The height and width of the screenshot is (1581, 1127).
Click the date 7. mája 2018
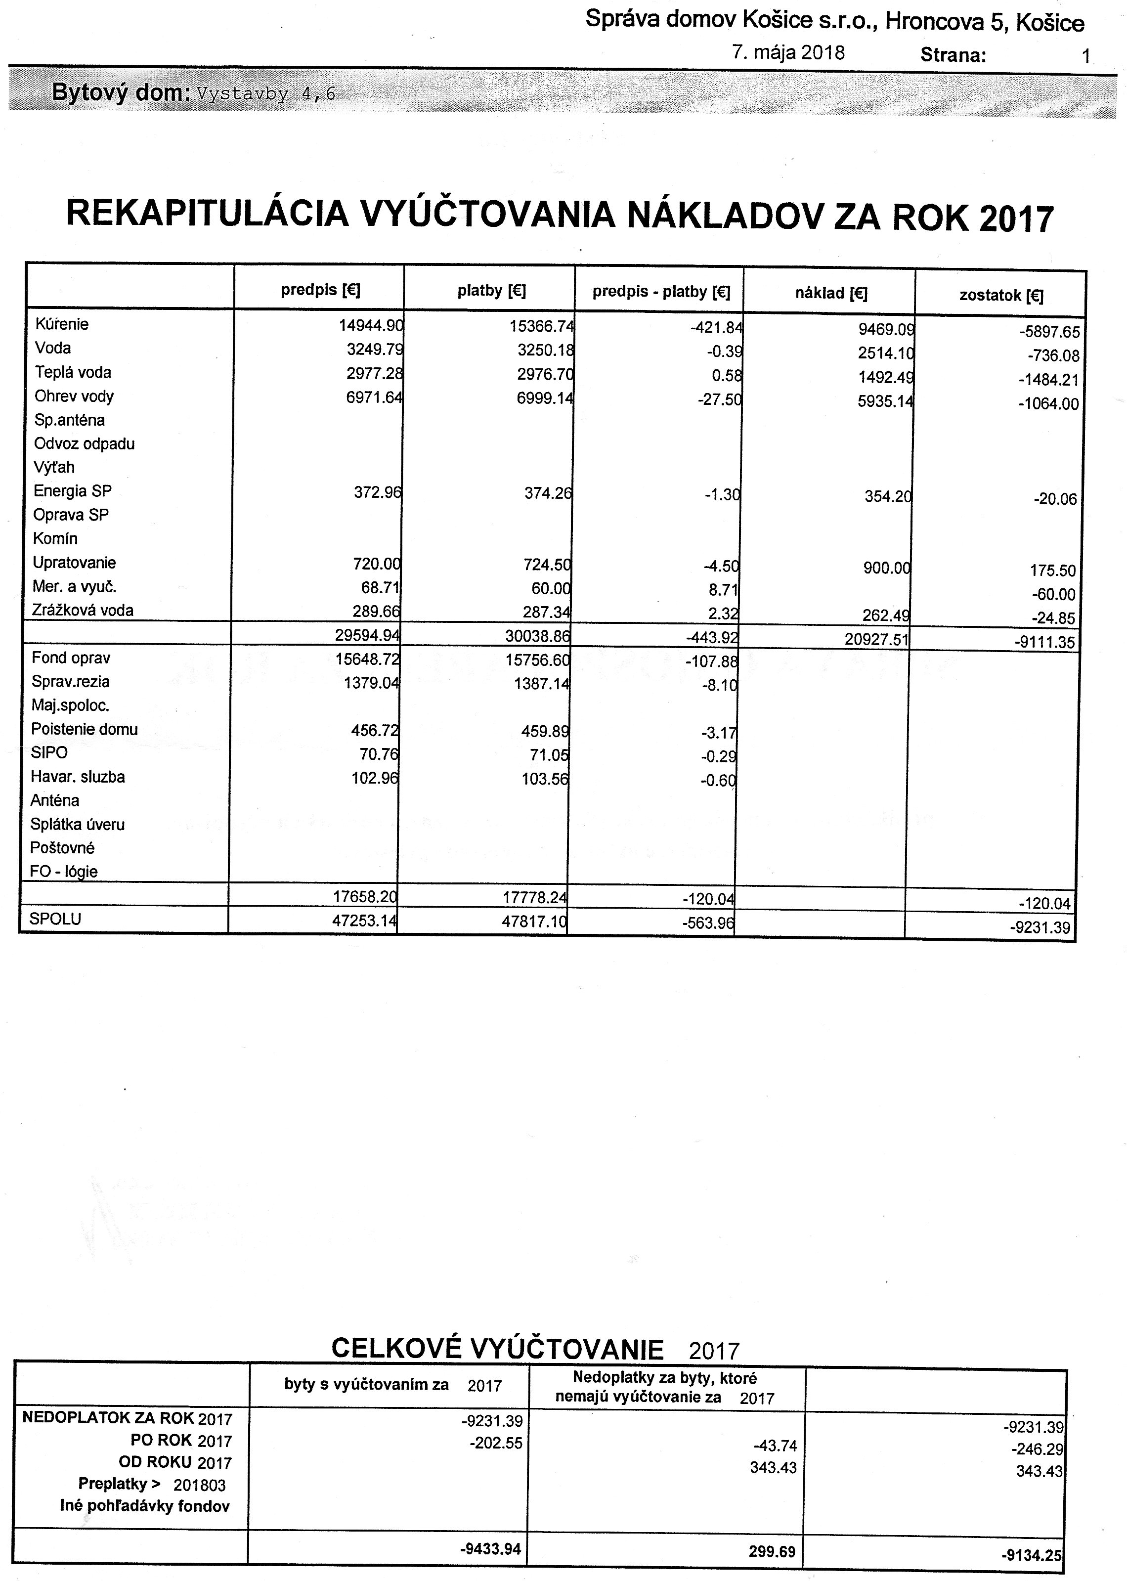(x=788, y=53)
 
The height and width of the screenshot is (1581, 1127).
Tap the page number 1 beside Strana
(x=1086, y=56)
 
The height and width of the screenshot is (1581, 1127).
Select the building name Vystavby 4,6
(x=266, y=94)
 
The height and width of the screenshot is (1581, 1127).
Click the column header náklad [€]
(x=831, y=294)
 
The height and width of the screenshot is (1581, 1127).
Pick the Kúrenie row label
(x=62, y=324)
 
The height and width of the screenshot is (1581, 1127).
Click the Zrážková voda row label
(x=83, y=611)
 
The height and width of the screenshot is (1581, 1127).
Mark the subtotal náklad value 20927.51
(x=876, y=639)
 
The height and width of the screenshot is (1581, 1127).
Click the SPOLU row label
(x=55, y=919)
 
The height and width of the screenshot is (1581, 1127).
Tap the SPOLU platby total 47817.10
(x=535, y=921)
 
